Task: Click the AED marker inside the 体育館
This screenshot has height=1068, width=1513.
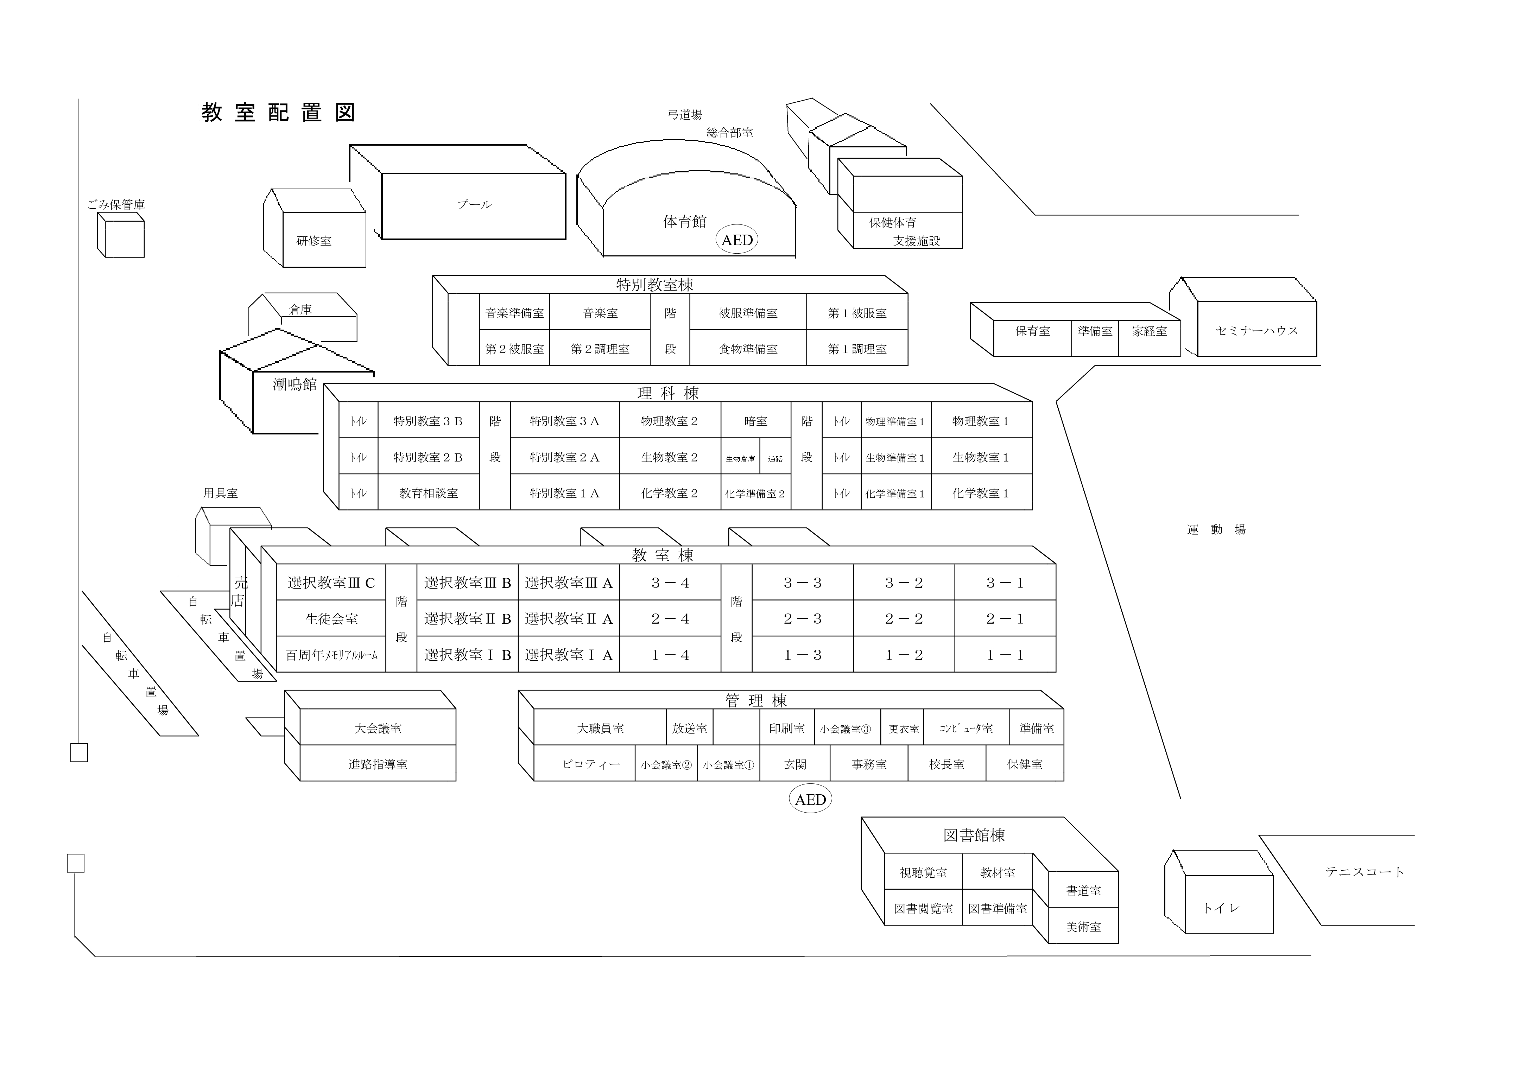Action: [737, 240]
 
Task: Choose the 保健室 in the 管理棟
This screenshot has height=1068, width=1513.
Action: [1025, 764]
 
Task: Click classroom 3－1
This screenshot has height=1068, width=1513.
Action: [1005, 583]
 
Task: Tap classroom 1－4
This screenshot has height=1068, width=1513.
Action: [670, 655]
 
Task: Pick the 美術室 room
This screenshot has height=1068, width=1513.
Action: [1083, 926]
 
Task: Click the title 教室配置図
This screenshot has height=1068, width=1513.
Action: [279, 113]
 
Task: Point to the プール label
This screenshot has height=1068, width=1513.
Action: [474, 204]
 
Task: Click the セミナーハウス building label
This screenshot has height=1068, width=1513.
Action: [1256, 331]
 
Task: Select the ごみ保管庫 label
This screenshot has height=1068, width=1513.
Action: [116, 205]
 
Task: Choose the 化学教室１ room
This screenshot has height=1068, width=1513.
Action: [981, 493]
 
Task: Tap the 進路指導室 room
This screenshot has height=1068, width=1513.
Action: [378, 764]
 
